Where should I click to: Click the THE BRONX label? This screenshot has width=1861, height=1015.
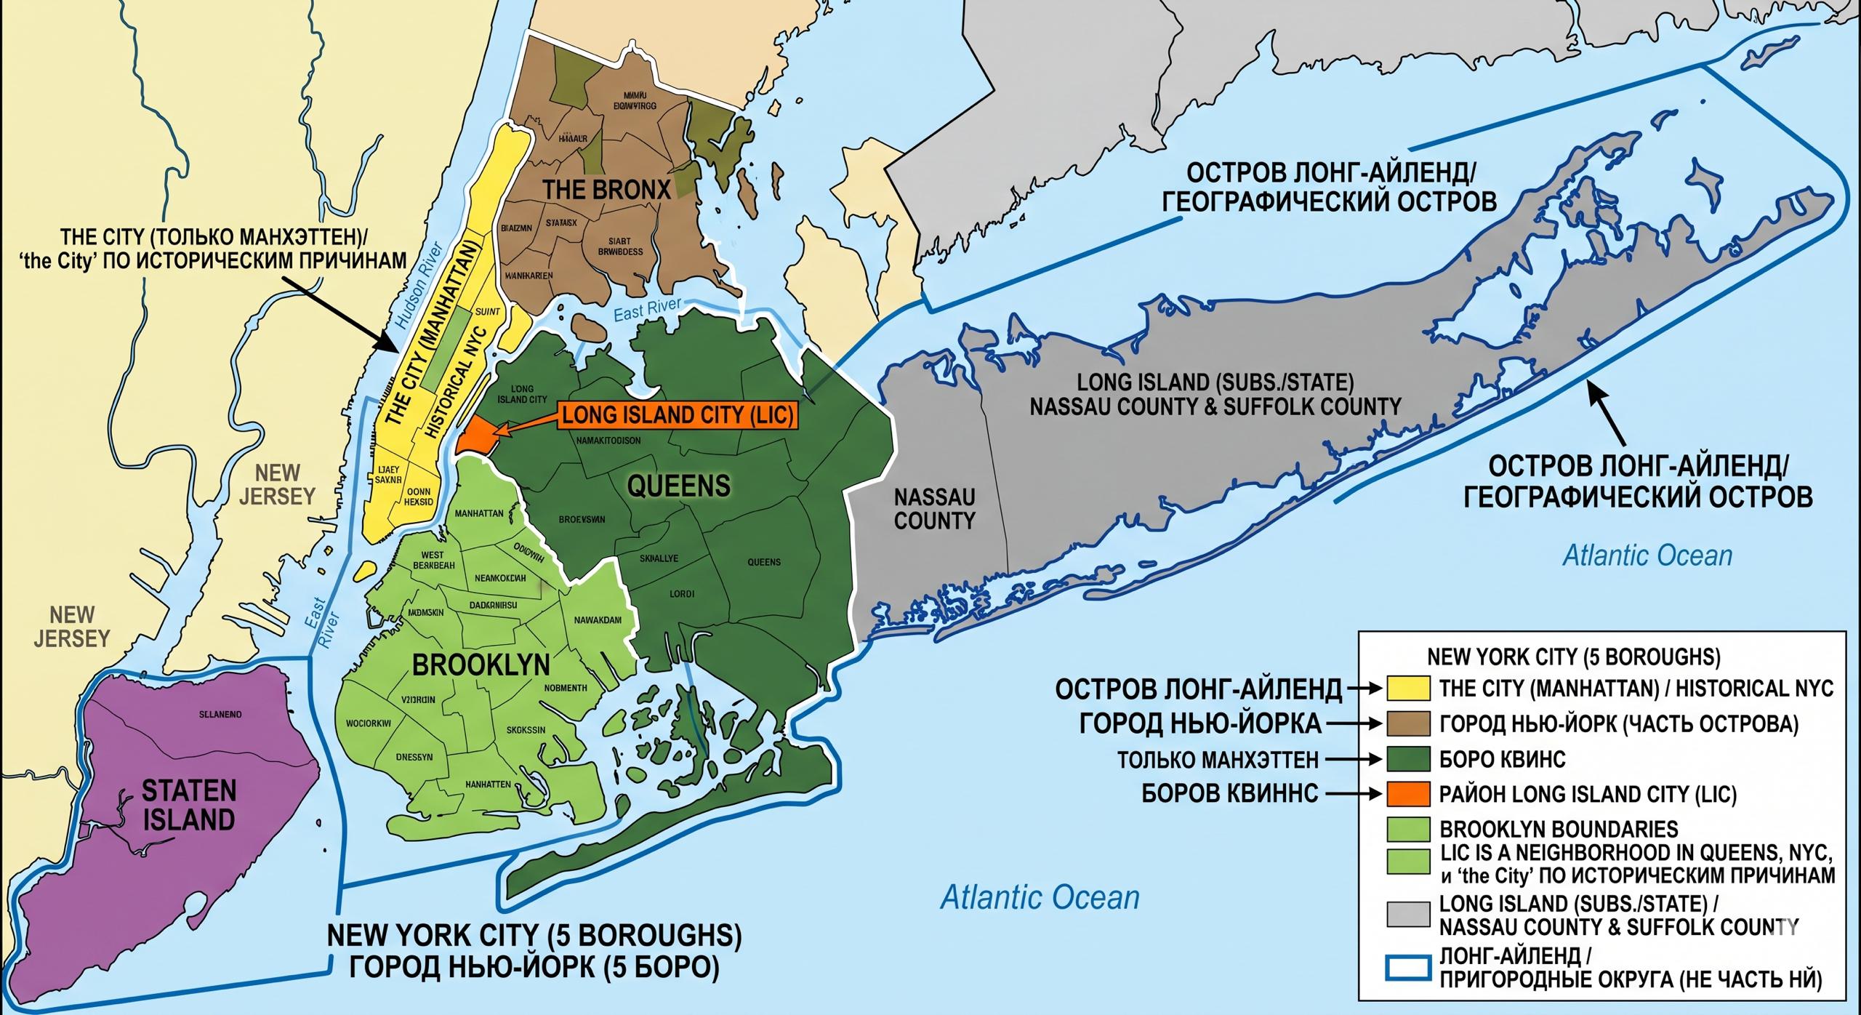(607, 190)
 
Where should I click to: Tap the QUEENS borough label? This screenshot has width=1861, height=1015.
(678, 486)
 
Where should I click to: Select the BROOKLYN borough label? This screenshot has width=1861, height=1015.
(481, 665)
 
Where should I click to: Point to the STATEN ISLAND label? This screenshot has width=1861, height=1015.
(189, 805)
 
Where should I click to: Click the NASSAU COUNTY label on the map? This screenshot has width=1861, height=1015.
(934, 509)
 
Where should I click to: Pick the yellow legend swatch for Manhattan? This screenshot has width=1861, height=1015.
(1407, 689)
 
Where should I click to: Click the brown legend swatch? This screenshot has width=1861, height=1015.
(1407, 724)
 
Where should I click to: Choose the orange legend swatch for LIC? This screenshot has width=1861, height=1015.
(1407, 794)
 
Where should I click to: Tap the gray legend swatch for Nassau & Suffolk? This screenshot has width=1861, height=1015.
(1407, 914)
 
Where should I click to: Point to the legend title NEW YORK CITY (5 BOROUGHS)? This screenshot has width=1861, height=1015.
(1573, 657)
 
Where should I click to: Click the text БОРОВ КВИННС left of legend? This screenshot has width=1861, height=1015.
(1229, 793)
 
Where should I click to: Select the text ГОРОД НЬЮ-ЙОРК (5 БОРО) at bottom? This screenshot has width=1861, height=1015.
(534, 968)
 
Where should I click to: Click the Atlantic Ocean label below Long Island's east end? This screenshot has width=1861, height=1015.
(1647, 556)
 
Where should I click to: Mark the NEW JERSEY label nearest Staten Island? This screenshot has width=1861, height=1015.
(72, 627)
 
